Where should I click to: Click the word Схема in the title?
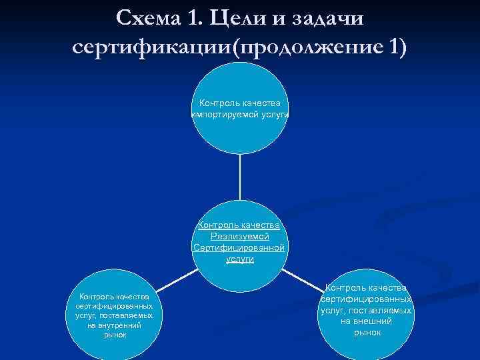tap(149, 18)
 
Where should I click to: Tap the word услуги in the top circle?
tap(270, 114)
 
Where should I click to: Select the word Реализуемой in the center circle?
tap(239, 236)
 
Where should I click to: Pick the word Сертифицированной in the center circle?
tap(239, 247)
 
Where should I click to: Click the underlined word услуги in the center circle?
tap(239, 259)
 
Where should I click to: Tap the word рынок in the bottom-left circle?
tap(115, 335)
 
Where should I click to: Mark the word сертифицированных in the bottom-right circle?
tap(366, 299)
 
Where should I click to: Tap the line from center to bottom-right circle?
tap(305, 273)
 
